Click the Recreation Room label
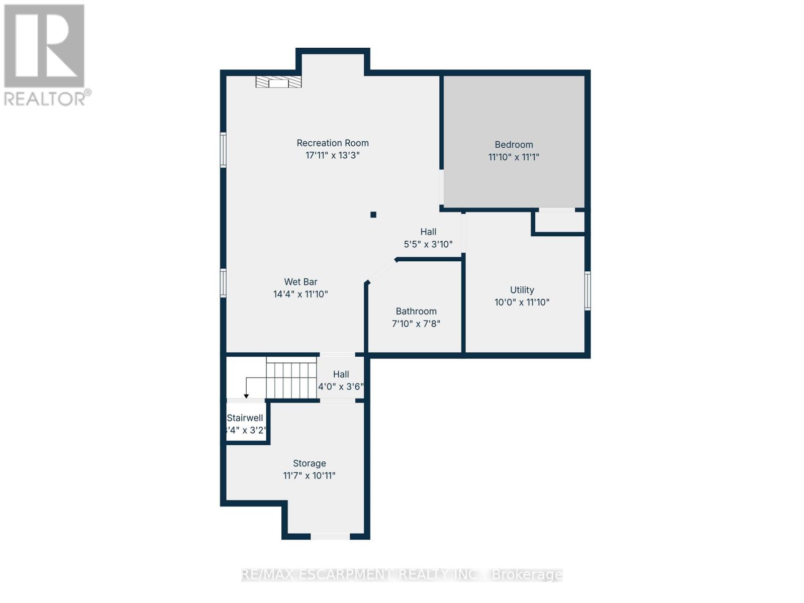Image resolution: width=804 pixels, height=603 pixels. [332, 143]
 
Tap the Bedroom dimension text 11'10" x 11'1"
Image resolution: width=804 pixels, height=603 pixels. [514, 157]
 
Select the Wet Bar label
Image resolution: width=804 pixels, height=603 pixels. [300, 282]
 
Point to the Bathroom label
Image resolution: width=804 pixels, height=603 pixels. [416, 311]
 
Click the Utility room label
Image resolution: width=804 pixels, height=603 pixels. [522, 290]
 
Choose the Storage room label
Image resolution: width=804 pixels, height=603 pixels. [310, 463]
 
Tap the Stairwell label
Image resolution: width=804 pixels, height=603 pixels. [245, 418]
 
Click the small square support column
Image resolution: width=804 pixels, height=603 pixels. [373, 215]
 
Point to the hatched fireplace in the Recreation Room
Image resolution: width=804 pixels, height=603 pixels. [278, 82]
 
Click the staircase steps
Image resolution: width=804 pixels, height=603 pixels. [291, 380]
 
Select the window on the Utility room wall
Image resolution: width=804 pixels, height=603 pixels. [587, 290]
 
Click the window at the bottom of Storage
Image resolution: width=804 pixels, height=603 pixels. [330, 537]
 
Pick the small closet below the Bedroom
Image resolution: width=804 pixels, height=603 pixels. [559, 222]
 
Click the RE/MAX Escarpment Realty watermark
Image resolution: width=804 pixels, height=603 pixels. [401, 574]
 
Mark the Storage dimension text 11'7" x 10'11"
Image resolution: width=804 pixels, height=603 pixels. [309, 475]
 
